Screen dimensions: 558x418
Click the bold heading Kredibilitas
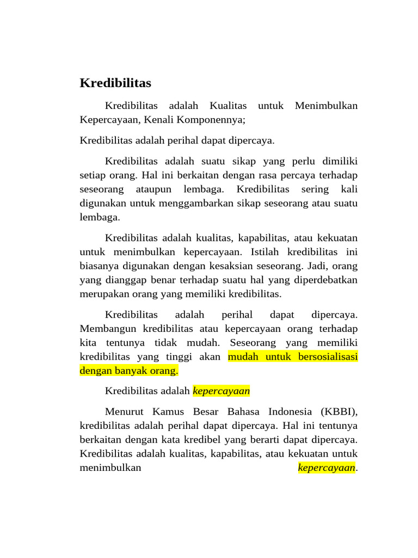[115, 83]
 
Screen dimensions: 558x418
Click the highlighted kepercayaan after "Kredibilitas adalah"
[222, 391]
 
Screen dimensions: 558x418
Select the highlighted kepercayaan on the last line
[327, 468]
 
